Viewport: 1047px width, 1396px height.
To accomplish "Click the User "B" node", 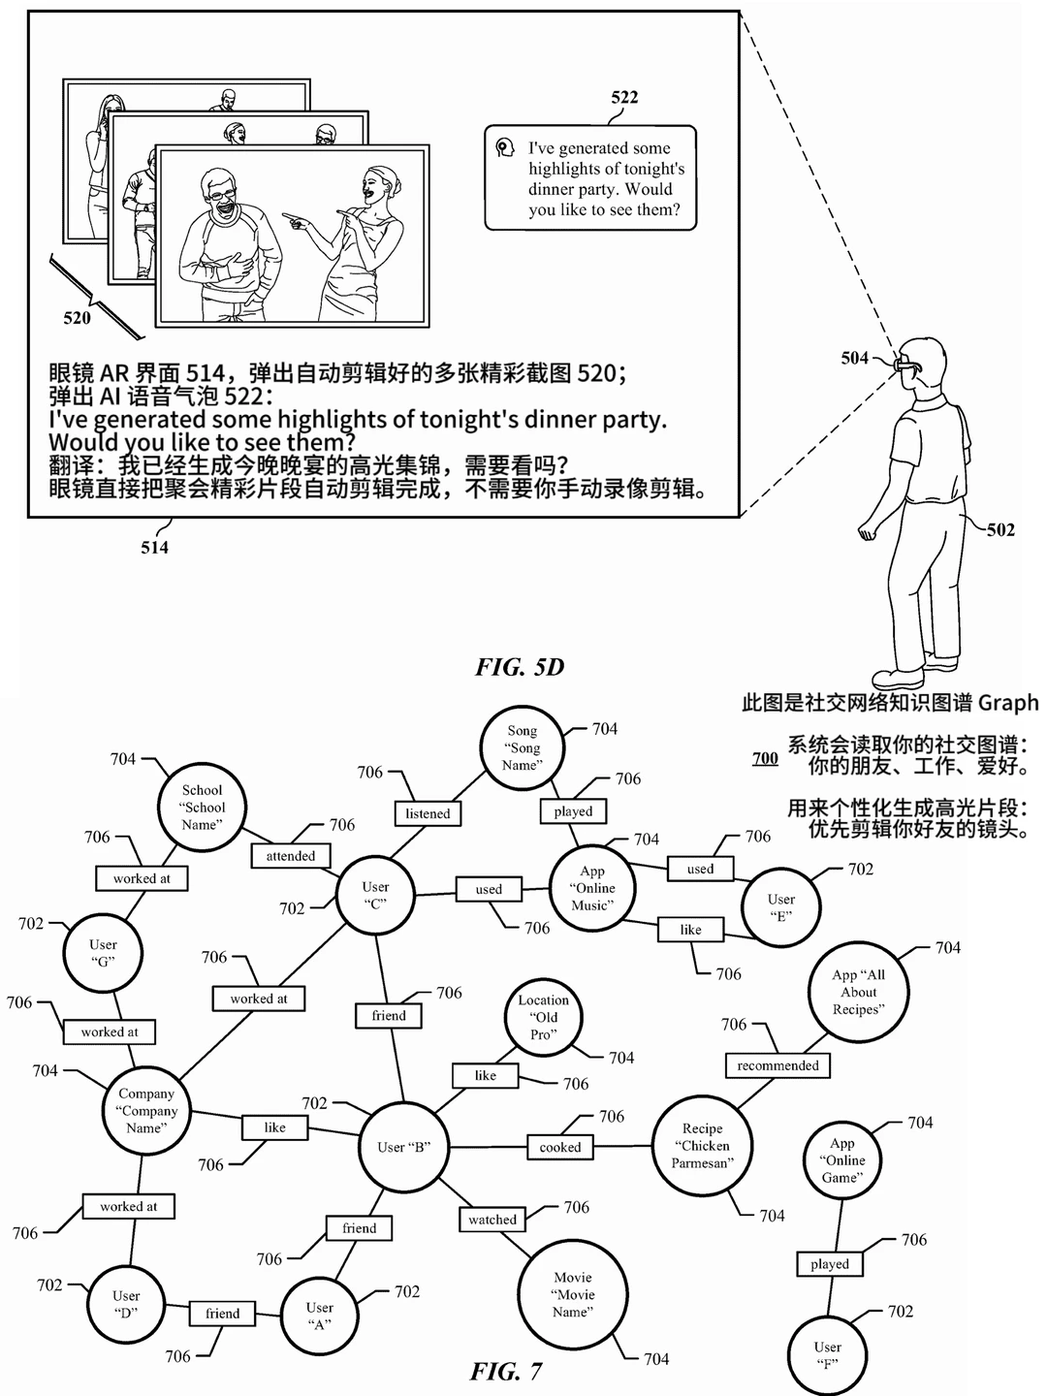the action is click(403, 1147).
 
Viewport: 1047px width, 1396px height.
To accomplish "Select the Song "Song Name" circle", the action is click(522, 747).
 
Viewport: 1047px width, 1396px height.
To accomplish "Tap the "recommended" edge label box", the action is click(777, 1065).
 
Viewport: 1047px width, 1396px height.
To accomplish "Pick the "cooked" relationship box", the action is click(560, 1147).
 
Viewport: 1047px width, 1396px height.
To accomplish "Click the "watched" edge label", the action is click(492, 1220).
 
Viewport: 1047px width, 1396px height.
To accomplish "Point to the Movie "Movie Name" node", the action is click(573, 1294).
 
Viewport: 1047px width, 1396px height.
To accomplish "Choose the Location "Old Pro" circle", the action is click(544, 1017).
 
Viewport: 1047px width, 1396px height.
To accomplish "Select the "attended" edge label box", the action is click(291, 855).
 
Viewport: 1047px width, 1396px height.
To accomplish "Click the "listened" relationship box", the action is click(428, 813).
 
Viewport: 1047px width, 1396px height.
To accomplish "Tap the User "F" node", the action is click(827, 1355).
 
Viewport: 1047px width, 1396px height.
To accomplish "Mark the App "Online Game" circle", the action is click(842, 1160).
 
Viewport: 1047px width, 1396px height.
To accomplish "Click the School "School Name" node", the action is click(203, 808).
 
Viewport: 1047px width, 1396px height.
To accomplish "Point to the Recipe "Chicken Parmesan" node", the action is click(703, 1146).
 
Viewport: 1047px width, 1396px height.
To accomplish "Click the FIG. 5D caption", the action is click(520, 667).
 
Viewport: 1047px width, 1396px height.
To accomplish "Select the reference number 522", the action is click(624, 97).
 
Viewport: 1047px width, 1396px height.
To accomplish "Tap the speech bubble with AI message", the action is click(590, 178).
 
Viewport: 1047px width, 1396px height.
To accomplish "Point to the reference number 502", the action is click(1000, 529).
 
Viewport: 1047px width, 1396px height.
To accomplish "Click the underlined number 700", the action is click(766, 758).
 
